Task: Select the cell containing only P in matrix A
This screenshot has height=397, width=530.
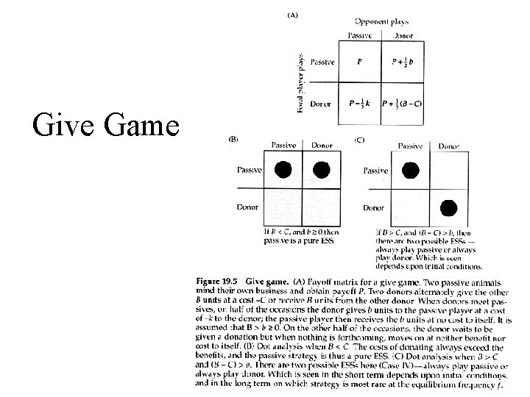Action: pyautogui.click(x=358, y=62)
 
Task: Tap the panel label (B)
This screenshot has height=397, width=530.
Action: pyautogui.click(x=234, y=139)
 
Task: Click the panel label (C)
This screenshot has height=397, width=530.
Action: pyautogui.click(x=359, y=139)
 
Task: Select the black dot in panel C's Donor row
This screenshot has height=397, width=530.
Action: pyautogui.click(x=449, y=208)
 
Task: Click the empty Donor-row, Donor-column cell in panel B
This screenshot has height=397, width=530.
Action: pyautogui.click(x=322, y=208)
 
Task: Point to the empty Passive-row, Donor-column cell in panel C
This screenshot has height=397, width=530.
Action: pyautogui.click(x=449, y=170)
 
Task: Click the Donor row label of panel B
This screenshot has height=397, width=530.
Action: pyautogui.click(x=248, y=207)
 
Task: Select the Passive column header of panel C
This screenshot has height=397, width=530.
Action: pyautogui.click(x=410, y=146)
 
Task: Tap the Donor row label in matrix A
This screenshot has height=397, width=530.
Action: pyautogui.click(x=322, y=104)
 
